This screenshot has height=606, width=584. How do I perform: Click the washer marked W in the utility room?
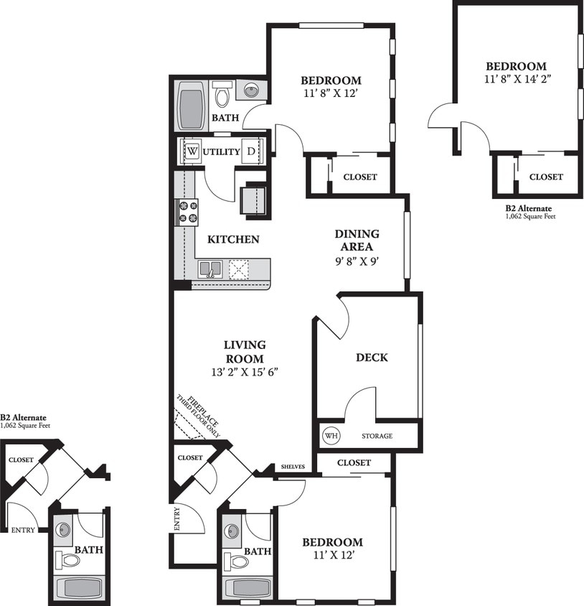(192, 151)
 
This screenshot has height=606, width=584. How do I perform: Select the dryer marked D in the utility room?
(250, 151)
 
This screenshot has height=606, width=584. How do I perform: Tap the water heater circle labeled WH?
(331, 435)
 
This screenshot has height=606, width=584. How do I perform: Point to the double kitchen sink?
(209, 269)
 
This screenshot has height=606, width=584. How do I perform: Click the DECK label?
(372, 357)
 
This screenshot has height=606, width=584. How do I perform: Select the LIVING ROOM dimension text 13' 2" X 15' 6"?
(244, 372)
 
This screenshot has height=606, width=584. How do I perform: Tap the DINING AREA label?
(357, 241)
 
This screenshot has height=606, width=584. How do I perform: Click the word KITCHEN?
(233, 239)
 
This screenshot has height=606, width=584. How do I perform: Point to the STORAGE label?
(377, 436)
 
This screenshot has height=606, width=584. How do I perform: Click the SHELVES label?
(293, 467)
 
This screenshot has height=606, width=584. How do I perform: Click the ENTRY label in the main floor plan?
(177, 518)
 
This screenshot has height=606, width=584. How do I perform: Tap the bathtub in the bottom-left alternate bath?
(79, 588)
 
